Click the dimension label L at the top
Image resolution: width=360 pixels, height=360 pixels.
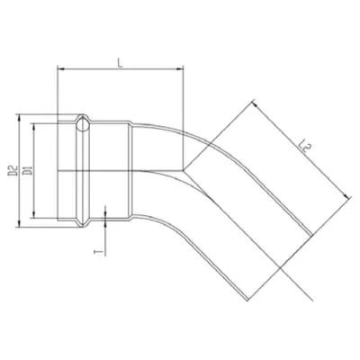[x=120, y=62]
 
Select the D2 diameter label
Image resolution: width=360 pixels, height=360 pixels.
[x=13, y=171]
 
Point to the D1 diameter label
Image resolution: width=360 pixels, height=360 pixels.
[x=28, y=171]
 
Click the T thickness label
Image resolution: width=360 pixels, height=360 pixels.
[x=96, y=251]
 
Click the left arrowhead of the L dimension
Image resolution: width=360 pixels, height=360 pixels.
[x=60, y=69]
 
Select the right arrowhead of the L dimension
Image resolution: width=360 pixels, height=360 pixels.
[x=180, y=69]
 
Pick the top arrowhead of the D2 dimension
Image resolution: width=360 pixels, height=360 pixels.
[x=19, y=118]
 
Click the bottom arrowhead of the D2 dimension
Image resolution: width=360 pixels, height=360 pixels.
[x=19, y=224]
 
